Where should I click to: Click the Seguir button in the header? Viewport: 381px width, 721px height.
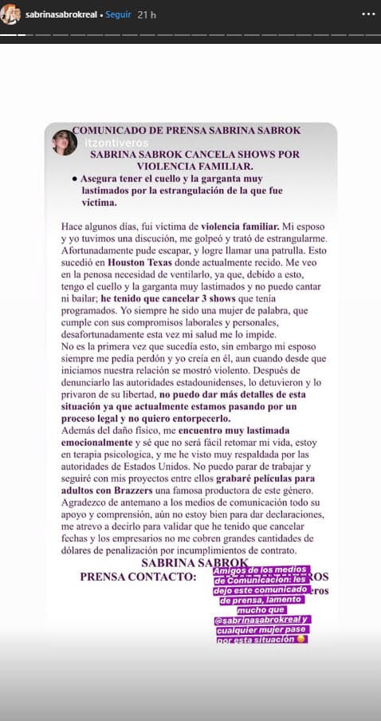click(119, 15)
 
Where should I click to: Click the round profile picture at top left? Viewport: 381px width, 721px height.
click(10, 15)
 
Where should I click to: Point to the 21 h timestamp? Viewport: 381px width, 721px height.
click(147, 15)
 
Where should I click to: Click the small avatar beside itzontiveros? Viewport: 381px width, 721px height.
click(61, 142)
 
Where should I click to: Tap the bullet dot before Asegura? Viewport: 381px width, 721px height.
click(74, 180)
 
